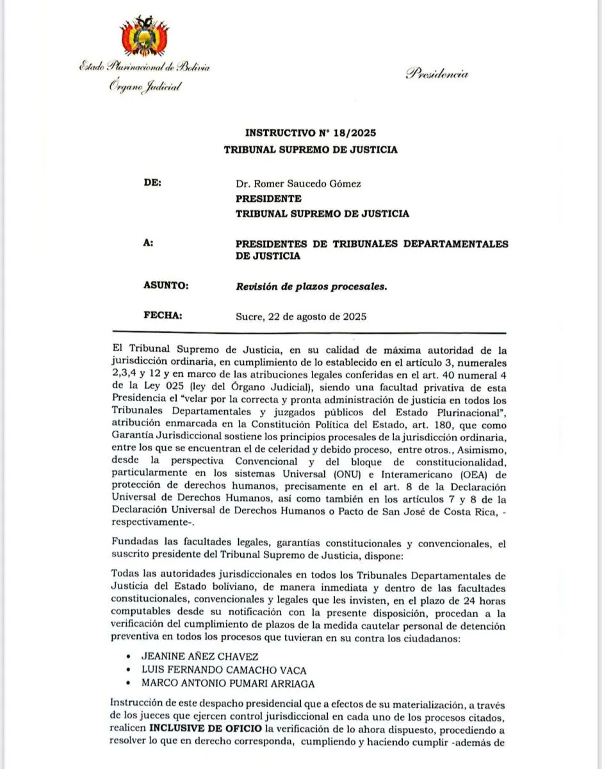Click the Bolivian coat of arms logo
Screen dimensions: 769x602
(x=144, y=38)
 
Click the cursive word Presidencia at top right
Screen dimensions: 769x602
(x=437, y=74)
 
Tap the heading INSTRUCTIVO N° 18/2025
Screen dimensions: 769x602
(x=310, y=133)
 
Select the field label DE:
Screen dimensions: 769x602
(x=154, y=183)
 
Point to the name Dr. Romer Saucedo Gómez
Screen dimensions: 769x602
(x=298, y=184)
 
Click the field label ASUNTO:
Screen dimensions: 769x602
(x=167, y=286)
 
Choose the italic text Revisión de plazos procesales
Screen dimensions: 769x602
(x=311, y=286)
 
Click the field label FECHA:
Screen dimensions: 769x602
(x=164, y=316)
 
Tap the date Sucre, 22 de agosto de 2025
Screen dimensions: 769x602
(x=301, y=317)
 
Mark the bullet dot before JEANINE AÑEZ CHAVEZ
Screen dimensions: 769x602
(x=130, y=657)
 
